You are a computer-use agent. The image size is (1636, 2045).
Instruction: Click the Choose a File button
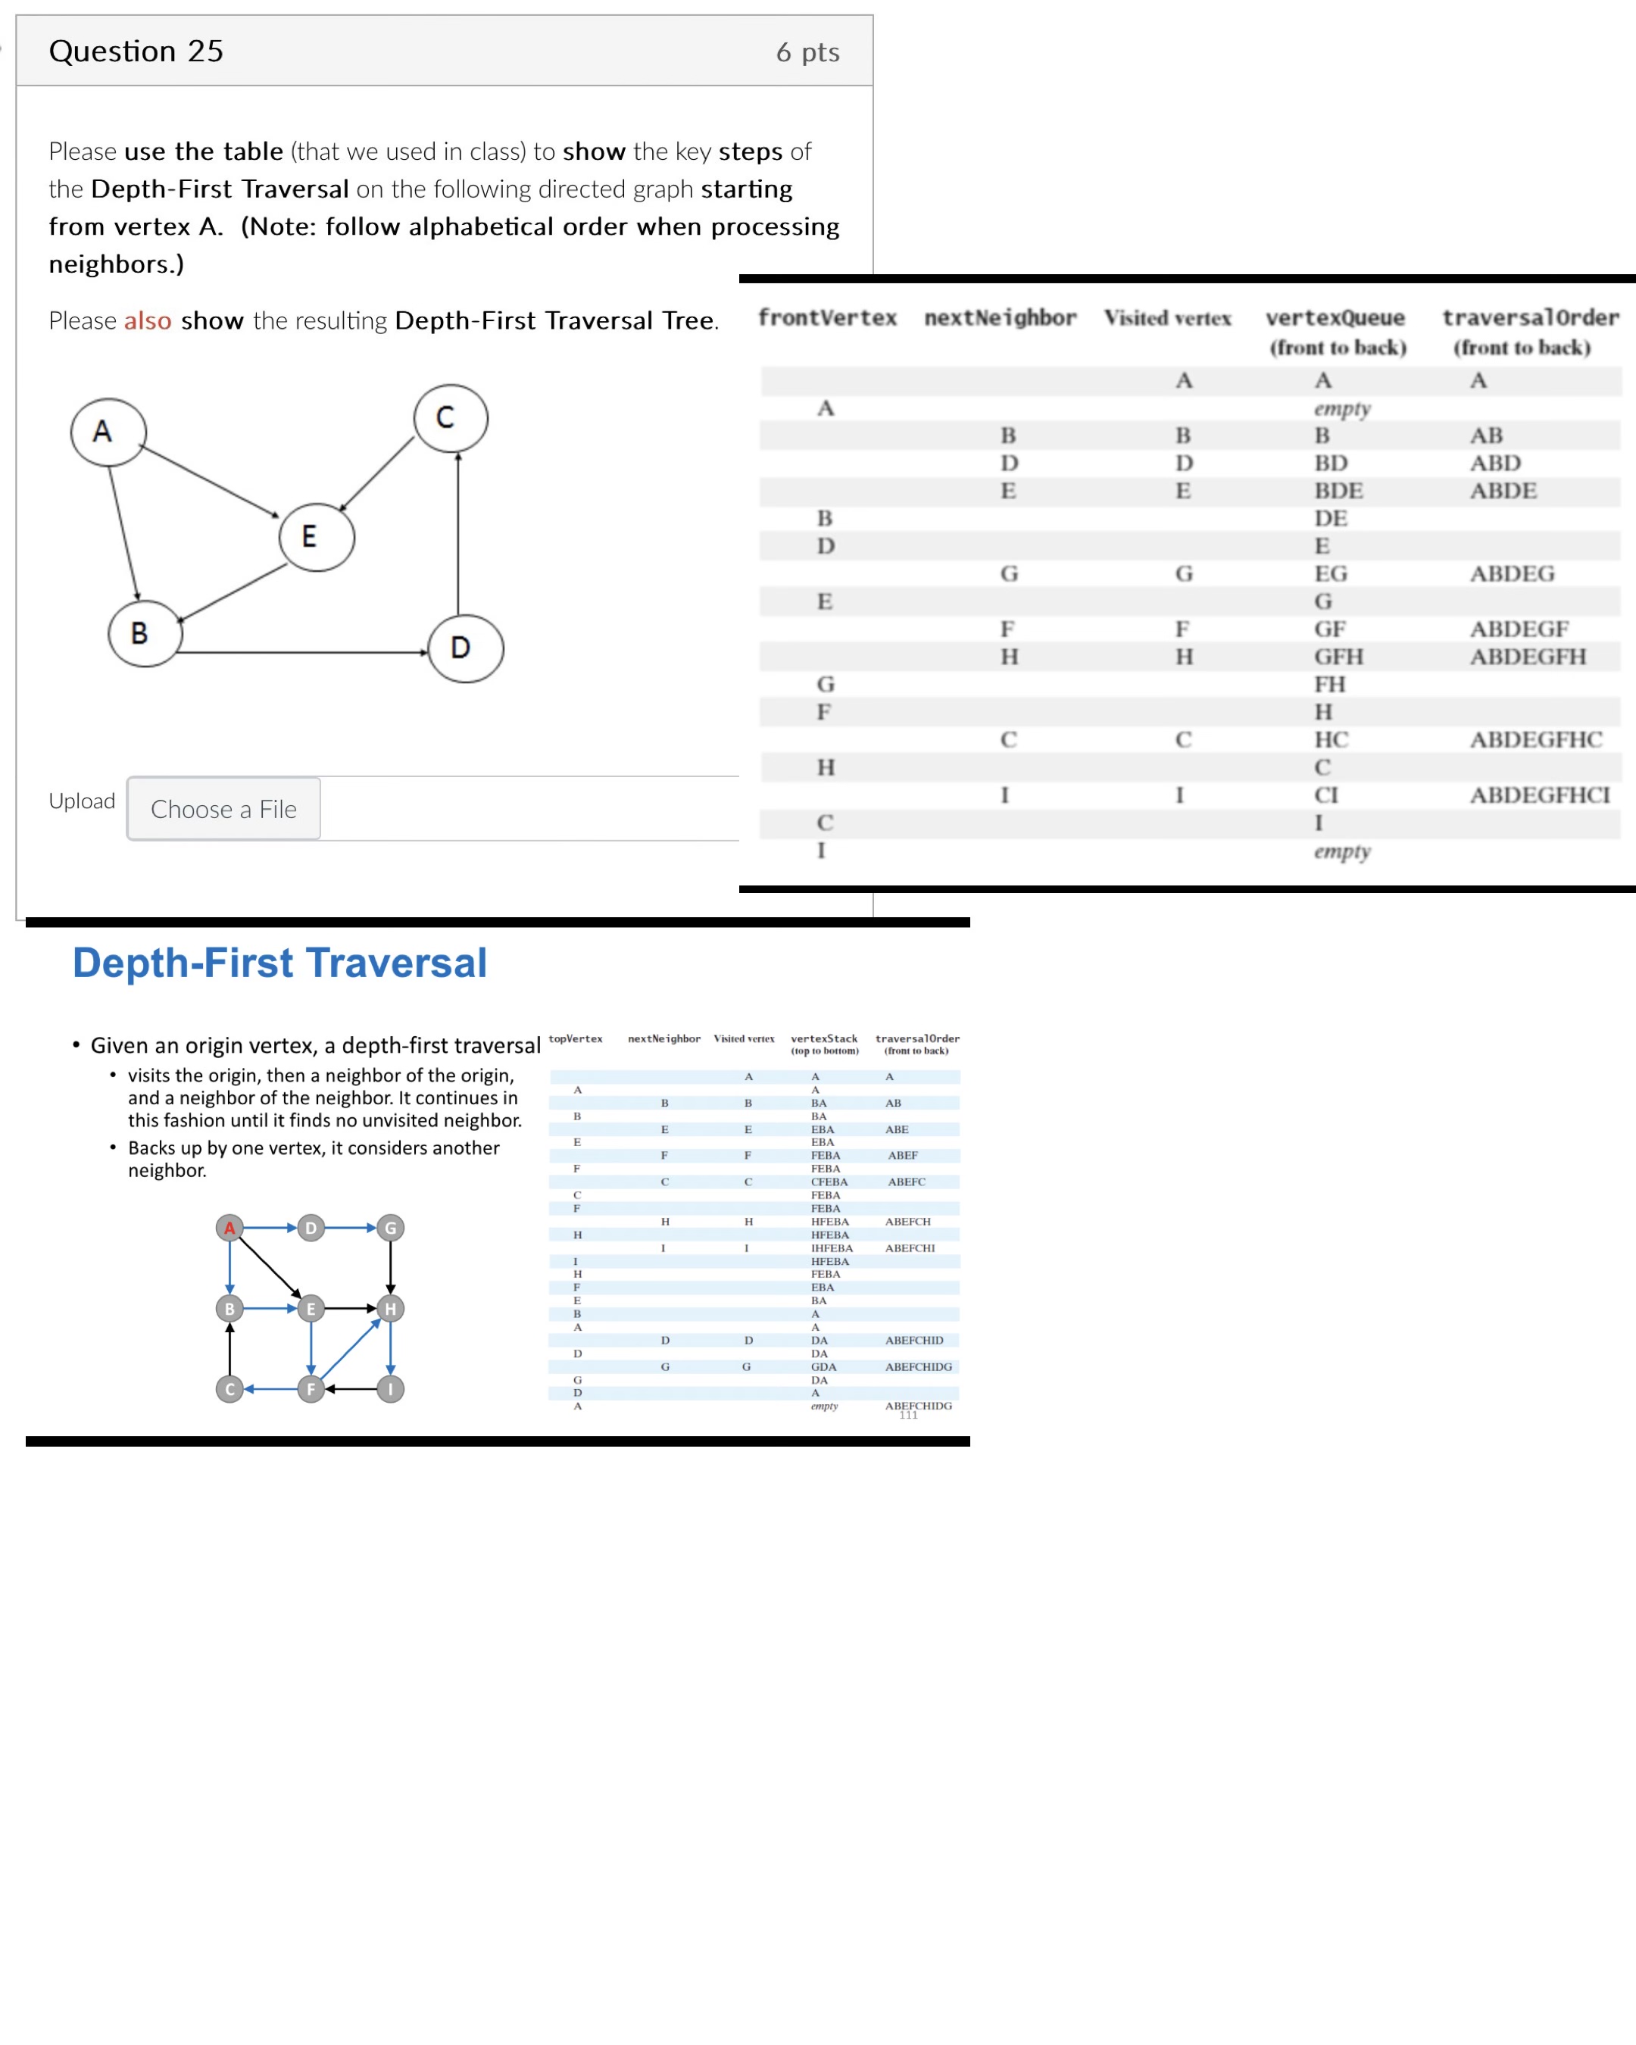click(224, 809)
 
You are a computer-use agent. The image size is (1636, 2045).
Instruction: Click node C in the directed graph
click(451, 418)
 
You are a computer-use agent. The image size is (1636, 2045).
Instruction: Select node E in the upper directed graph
click(317, 537)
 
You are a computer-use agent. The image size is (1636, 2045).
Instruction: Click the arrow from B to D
click(304, 653)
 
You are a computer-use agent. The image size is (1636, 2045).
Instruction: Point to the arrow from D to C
click(458, 536)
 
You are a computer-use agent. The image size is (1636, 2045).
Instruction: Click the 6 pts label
click(807, 52)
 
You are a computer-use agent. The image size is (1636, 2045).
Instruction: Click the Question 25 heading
click(136, 52)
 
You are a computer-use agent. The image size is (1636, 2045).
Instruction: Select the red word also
click(148, 320)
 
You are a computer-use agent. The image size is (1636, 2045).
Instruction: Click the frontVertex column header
click(827, 318)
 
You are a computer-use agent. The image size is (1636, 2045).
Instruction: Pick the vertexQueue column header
click(1335, 318)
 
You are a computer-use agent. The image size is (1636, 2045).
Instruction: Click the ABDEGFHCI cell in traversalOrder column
click(1539, 795)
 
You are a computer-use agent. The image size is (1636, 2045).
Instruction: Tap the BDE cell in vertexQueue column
click(1338, 490)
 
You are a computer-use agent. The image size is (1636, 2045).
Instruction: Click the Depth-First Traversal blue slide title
click(279, 963)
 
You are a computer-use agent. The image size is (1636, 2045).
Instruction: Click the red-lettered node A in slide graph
click(229, 1229)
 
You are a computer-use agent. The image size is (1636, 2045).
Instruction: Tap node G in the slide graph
click(391, 1229)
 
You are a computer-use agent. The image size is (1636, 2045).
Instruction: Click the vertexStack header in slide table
click(824, 1038)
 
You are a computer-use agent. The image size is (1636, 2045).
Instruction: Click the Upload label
click(82, 801)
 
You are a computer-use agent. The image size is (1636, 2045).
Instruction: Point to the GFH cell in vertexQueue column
click(1338, 657)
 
